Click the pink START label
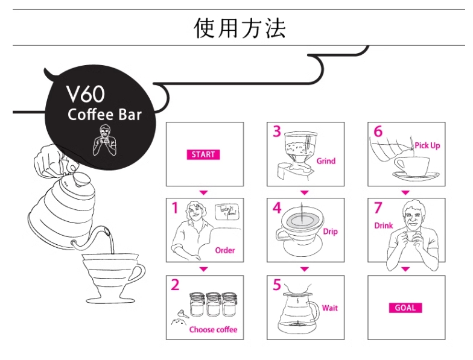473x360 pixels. tap(203, 154)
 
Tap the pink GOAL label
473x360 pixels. tap(405, 308)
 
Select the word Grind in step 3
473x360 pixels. tap(326, 161)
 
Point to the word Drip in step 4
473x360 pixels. tap(330, 232)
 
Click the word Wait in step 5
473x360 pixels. tap(330, 308)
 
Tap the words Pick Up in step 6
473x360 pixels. tap(427, 146)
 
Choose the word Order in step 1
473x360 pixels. tap(225, 250)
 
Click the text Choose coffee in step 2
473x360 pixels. tap(213, 329)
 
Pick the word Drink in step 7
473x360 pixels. tap(384, 226)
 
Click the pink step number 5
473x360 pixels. tap(277, 285)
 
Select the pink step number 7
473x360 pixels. tap(378, 208)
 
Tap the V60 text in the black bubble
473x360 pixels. tap(85, 94)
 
